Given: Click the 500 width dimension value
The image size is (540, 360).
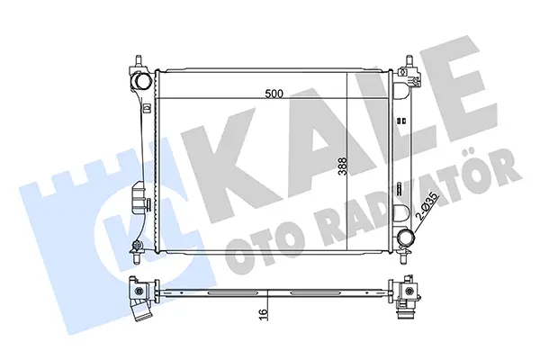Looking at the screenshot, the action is pos(274,94).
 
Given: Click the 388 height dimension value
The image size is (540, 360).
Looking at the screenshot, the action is pos(342,166).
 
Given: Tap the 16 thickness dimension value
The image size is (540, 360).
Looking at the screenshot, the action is pos(263,314).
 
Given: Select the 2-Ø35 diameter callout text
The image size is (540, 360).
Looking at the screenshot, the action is pos(427,206).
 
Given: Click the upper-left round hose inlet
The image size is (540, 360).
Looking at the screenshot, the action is pos(142,81).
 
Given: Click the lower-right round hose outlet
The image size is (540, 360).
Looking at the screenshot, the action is pos(405,238).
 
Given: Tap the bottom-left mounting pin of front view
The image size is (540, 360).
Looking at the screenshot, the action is pos(137,257).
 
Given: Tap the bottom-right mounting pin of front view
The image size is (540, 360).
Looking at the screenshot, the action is pos(403,257).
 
